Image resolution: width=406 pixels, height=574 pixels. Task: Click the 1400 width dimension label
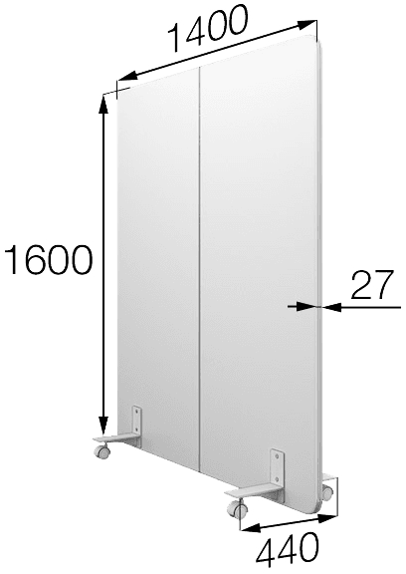208,27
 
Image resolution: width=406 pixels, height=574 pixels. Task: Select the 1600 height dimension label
47,259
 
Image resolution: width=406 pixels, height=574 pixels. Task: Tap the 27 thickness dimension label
372,284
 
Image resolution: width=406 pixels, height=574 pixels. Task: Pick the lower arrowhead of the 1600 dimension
104,424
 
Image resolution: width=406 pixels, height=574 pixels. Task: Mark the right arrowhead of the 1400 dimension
306,25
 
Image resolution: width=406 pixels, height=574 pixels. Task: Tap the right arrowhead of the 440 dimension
326,517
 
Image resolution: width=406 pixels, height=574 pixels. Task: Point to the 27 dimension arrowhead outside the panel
331,307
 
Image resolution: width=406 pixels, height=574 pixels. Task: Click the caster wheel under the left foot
101,451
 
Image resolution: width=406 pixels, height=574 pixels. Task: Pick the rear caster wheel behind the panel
328,491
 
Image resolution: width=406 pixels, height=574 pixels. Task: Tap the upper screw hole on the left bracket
136,412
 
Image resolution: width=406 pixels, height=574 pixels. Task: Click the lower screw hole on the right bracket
278,478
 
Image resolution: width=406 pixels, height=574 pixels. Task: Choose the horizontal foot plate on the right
253,491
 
